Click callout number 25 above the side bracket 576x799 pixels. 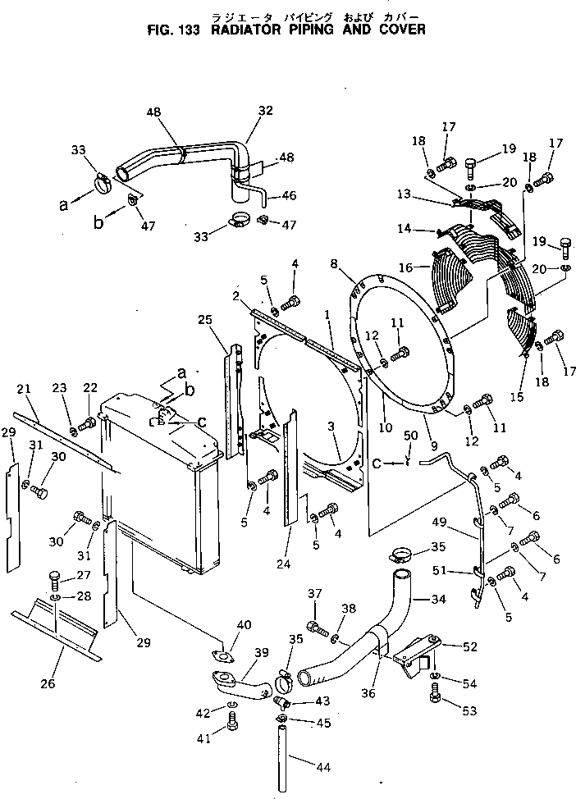point(206,319)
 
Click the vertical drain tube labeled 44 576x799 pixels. point(281,755)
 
